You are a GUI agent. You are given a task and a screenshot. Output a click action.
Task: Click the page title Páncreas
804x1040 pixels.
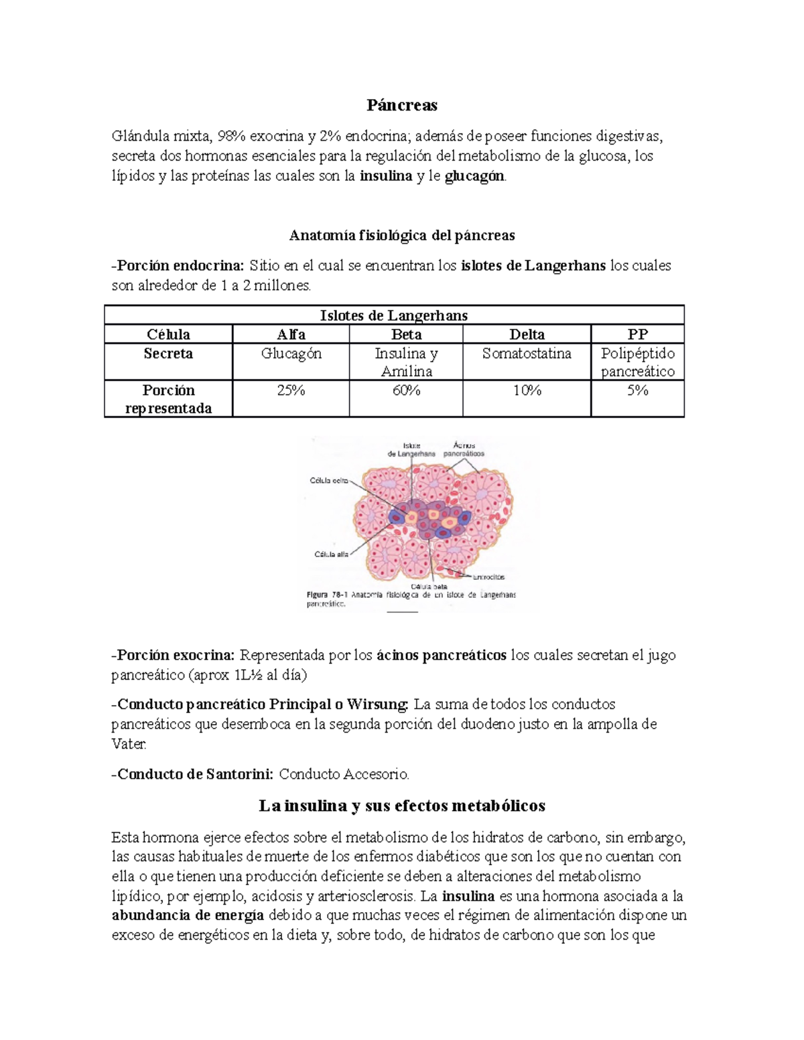coord(401,105)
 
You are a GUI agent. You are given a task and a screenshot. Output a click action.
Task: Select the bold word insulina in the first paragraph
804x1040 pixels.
coord(386,177)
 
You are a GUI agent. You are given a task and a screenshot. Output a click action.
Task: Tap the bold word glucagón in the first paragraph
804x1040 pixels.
coord(474,177)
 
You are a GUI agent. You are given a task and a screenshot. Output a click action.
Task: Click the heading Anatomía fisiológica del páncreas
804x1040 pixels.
coord(401,235)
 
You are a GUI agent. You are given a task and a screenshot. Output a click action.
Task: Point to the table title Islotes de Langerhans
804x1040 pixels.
coord(394,315)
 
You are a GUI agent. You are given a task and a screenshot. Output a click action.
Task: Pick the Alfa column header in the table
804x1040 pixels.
coord(291,334)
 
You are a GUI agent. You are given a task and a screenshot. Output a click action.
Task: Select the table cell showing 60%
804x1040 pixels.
coord(406,390)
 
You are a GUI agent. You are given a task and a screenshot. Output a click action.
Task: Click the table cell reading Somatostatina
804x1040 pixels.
coord(527,354)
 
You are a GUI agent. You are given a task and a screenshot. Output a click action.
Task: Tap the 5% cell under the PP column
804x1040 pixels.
coord(637,390)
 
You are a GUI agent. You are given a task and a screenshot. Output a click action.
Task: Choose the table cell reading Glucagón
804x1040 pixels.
coord(291,354)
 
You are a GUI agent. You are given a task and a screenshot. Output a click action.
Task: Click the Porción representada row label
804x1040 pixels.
coord(168,399)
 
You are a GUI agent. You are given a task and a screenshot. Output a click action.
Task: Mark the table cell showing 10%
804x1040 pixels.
coord(527,390)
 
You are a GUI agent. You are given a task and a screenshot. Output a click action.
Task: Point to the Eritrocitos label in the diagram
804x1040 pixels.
coord(488,577)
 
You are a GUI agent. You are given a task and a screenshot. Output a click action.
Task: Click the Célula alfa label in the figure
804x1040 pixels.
coord(332,554)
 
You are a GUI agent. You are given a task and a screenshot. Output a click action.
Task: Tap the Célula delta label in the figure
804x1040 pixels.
coord(329,480)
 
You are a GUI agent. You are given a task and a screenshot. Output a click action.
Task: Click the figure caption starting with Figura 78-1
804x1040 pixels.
coord(411,598)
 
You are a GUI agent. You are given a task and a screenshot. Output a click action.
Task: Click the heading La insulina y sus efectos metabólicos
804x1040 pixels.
coord(401,806)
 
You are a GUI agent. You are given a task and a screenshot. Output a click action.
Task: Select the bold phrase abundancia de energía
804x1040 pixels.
coord(188,915)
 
